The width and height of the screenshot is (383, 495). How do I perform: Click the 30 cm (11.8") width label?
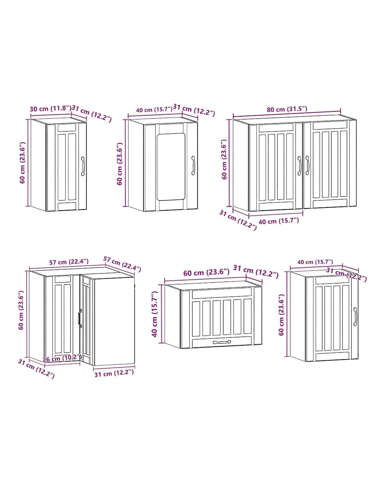pos(50,108)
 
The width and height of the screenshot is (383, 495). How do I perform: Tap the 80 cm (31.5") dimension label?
pos(287,109)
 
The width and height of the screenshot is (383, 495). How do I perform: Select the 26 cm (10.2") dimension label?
pos(62,359)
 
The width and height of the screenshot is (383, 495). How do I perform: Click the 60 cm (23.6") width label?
pos(206,272)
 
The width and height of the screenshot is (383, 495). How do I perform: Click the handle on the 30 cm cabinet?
pos(83,166)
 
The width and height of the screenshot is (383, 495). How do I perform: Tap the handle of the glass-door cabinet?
pos(193,165)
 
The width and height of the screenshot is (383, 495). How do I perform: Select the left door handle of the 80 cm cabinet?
pos(299,166)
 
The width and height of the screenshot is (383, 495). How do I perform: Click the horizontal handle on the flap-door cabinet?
pos(222,342)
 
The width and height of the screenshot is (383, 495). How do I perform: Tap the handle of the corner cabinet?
pos(80,318)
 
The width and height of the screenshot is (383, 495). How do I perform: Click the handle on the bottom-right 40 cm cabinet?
pos(355,316)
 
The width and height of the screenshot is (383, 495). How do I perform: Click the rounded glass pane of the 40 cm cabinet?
pos(171,167)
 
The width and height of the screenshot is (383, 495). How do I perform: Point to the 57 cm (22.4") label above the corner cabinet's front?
pos(69,262)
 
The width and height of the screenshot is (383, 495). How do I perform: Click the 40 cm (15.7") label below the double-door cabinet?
pos(279,221)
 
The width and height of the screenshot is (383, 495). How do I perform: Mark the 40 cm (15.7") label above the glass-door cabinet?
pos(154,110)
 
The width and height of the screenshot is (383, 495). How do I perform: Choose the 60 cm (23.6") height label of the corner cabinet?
pos(21,310)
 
